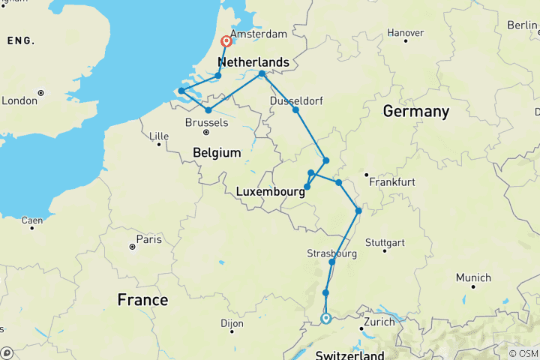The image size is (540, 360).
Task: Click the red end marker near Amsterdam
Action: click(226, 42)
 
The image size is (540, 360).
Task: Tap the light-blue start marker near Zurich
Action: click(326, 318)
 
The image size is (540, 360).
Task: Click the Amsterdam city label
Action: click(259, 34)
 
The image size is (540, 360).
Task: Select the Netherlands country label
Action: click(253, 61)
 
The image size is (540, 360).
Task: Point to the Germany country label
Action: click(415, 112)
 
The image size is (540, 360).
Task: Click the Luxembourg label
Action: click(270, 191)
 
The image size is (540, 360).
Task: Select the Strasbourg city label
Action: click(331, 253)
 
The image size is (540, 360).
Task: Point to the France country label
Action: click(142, 300)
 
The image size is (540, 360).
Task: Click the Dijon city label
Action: click(232, 324)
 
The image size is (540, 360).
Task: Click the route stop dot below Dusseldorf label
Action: click(295, 110)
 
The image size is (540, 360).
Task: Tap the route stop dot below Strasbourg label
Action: click(331, 262)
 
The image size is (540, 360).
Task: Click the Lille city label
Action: click(159, 136)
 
